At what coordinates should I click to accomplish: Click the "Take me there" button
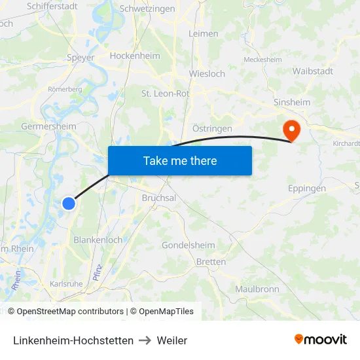point(180,160)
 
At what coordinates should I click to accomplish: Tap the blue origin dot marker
point(69,204)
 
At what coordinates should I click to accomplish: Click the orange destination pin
point(289,129)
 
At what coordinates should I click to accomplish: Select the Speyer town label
point(81,58)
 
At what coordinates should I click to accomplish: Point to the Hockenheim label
point(135,56)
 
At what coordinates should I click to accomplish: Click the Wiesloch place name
point(207,73)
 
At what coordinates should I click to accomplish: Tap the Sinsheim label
point(292,103)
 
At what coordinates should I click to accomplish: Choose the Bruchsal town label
point(159,198)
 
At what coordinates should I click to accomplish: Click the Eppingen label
point(307,189)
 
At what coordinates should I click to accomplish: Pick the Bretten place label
point(211,262)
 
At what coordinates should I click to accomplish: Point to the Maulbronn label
point(257,289)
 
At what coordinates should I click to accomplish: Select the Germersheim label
point(48,126)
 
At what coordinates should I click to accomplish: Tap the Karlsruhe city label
point(66,284)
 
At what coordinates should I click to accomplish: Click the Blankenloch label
point(98,240)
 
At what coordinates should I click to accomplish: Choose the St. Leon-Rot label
point(166,94)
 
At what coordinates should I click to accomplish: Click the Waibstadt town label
point(313,71)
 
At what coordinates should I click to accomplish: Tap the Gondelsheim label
point(189,245)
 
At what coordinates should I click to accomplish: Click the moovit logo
point(321,340)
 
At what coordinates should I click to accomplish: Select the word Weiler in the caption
point(172,340)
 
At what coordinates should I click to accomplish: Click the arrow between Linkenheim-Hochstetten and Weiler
point(145,340)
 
